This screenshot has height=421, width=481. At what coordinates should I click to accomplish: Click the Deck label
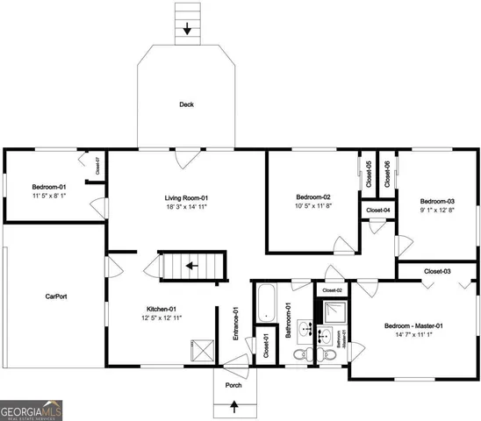pos(186,104)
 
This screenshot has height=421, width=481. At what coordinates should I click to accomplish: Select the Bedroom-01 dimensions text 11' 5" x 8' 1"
pos(49,196)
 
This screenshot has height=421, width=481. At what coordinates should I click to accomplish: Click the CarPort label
pos(56,296)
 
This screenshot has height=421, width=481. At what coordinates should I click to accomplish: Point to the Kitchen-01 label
pos(162,309)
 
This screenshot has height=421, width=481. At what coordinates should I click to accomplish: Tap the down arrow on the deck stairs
pos(186,29)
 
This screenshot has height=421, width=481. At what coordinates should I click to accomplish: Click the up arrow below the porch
pos(233,405)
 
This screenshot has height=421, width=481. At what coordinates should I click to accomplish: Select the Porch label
pos(233,384)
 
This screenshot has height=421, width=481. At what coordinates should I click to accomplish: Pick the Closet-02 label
pos(333,289)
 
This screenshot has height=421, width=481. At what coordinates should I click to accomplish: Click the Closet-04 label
pos(378,210)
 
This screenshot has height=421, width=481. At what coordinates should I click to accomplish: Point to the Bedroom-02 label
pos(312,196)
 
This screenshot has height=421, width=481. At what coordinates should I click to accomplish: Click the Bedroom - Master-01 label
pos(413,326)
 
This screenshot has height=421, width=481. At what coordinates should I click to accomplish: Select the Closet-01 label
pos(266,347)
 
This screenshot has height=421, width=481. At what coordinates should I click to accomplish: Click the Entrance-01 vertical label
pos(235,324)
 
